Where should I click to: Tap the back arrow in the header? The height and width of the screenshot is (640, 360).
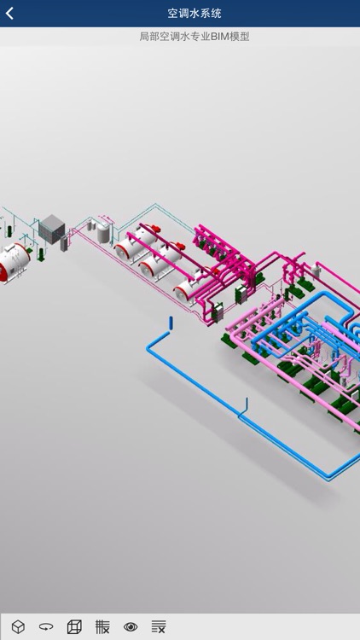coord(10,14)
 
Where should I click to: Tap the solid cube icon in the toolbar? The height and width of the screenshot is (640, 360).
coord(18,626)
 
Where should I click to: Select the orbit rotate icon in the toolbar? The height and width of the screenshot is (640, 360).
coord(46,626)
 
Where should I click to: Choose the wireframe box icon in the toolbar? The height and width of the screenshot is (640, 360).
coord(74,626)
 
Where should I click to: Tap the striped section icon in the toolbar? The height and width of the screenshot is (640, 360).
coord(102,626)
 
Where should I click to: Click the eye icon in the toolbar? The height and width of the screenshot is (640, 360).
coord(131,626)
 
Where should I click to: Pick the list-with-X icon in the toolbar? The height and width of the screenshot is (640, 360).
coord(159,626)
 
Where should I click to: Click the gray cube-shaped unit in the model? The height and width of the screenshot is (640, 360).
coord(51,227)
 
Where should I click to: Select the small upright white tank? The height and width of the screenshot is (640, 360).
coord(104,232)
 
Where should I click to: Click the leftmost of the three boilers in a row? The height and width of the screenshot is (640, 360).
coord(130,248)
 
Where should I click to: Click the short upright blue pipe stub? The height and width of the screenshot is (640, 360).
coord(171,322)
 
